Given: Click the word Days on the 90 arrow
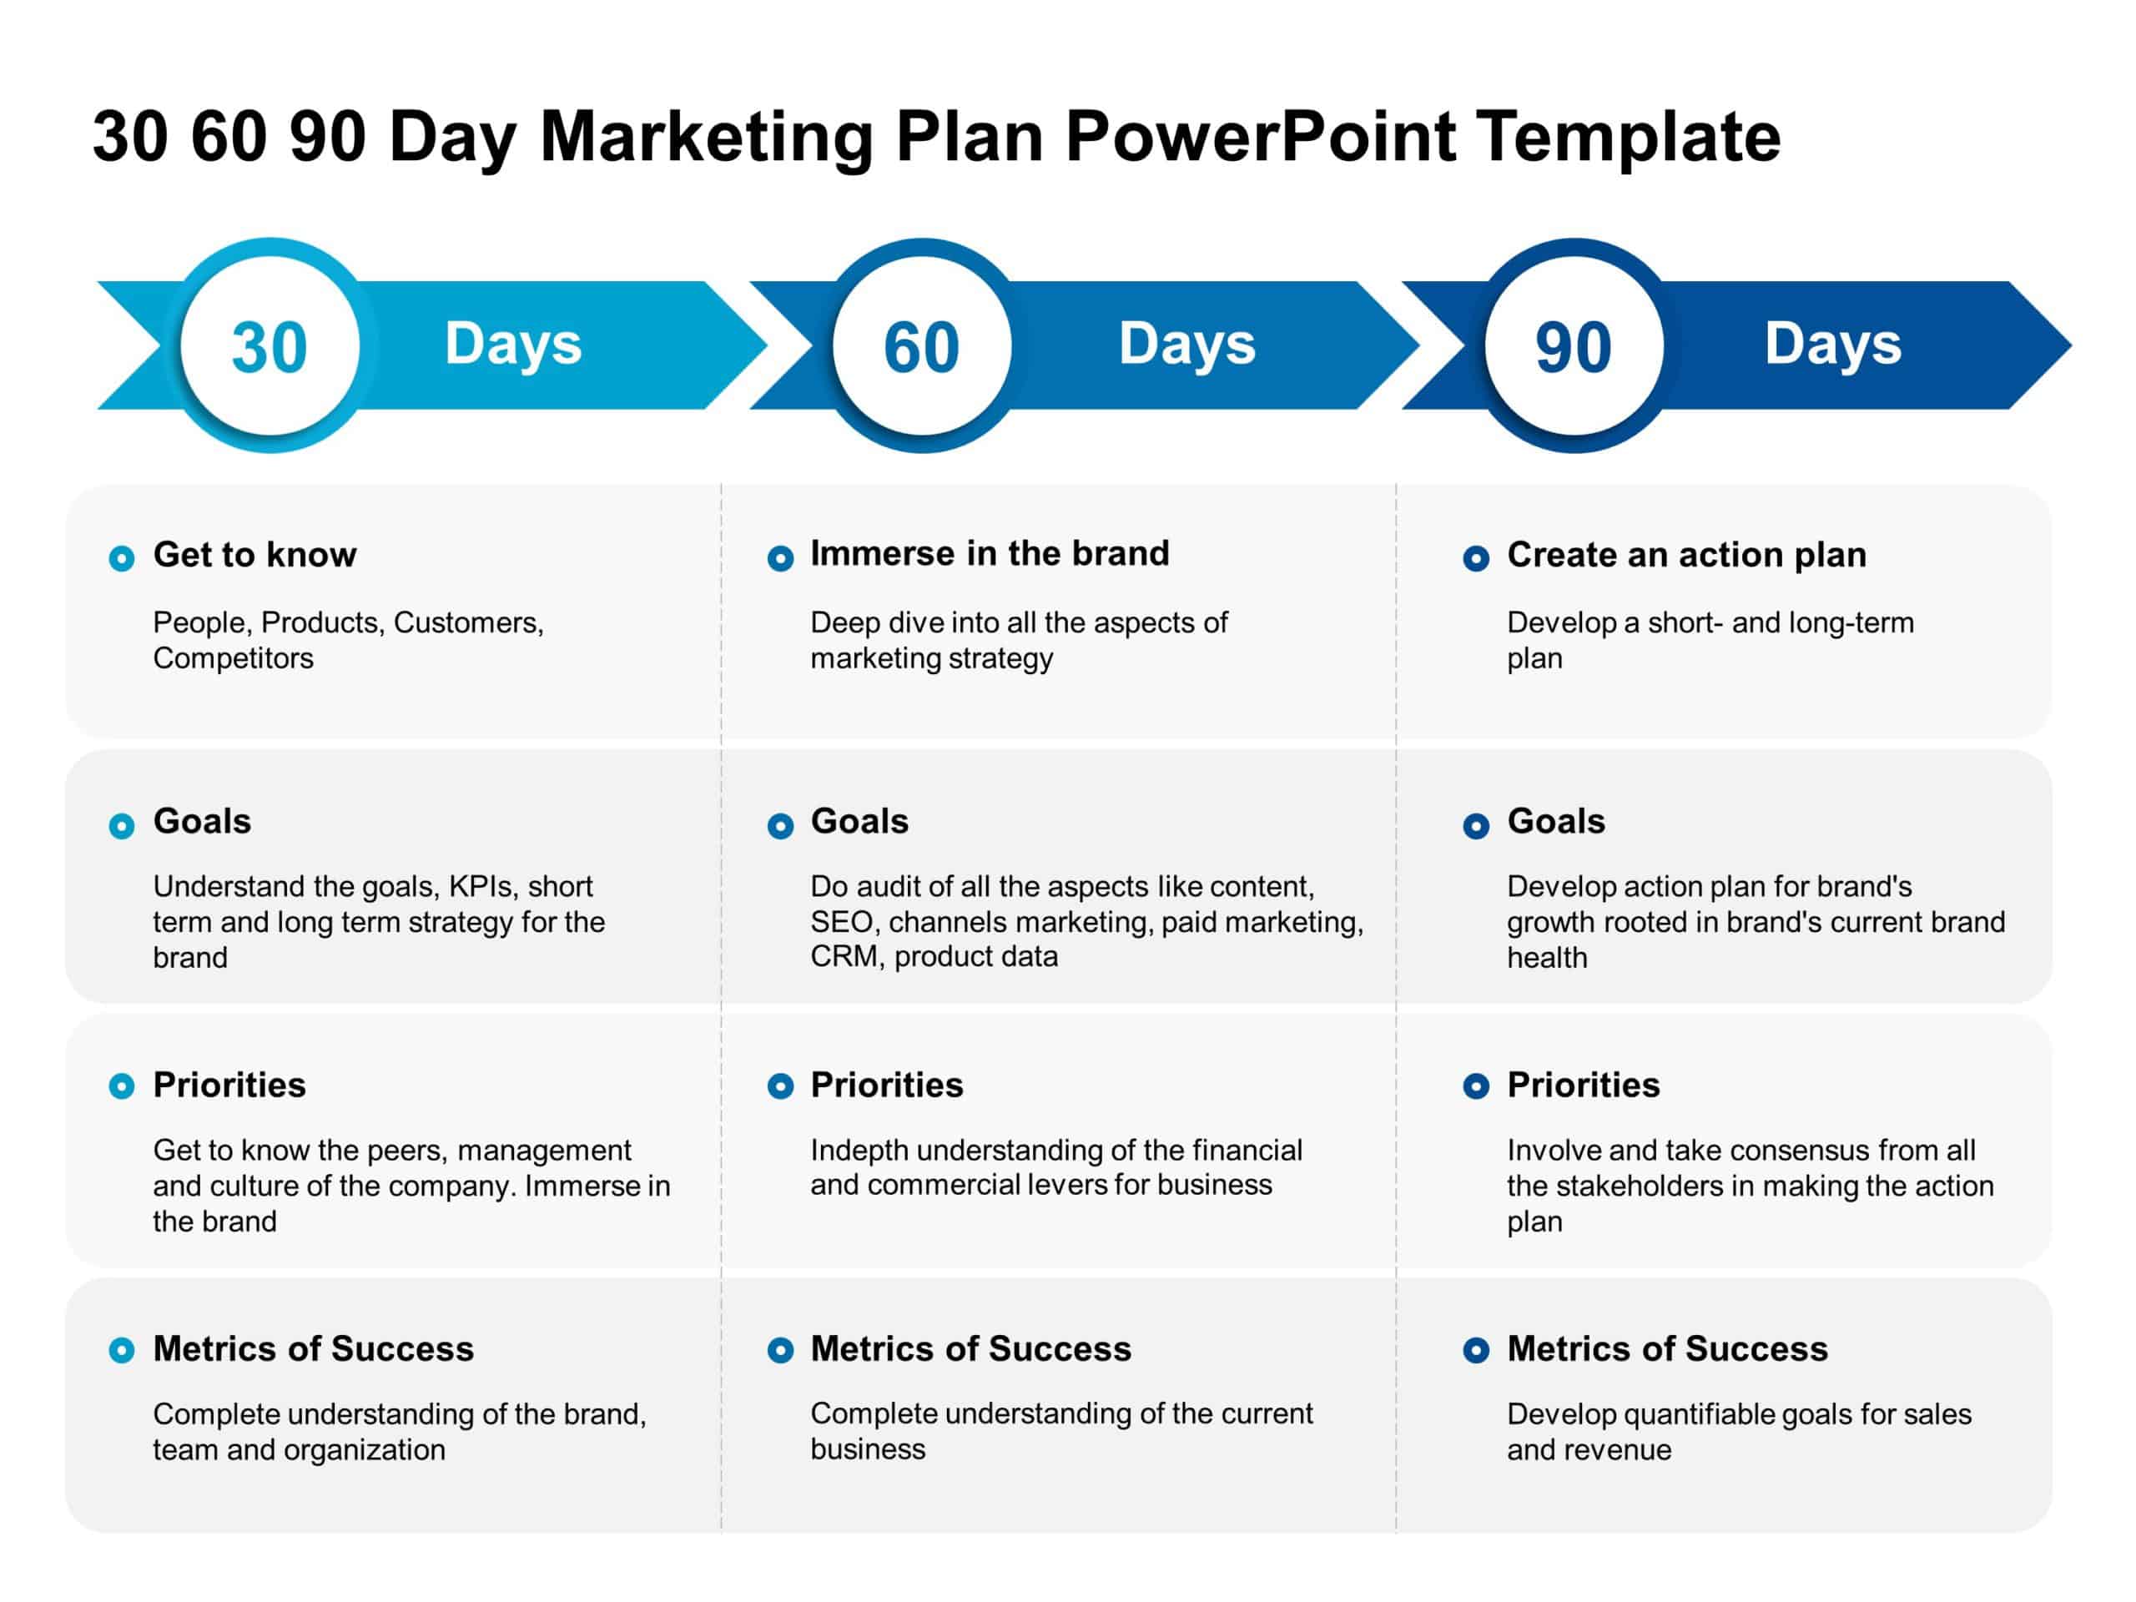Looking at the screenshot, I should (1833, 344).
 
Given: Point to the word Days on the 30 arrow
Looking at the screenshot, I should (513, 344).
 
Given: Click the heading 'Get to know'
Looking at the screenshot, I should (255, 554).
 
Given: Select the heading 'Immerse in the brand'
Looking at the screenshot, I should (990, 553).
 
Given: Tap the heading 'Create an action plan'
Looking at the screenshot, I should (1686, 554).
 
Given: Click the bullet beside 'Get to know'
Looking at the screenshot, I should (122, 558).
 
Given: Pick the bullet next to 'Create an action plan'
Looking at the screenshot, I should (1475, 558).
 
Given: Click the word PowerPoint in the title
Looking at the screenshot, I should (1260, 136).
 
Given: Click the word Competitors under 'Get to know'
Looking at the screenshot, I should (233, 658).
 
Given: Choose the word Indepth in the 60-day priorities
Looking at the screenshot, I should (859, 1150).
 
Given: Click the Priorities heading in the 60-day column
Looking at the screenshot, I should (886, 1086).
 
